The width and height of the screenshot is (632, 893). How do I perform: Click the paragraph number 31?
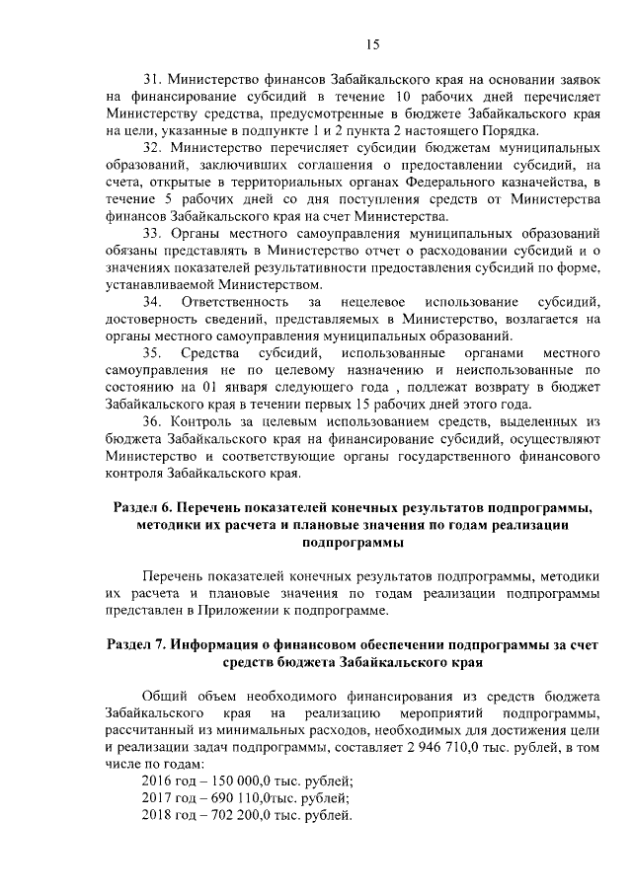(x=152, y=78)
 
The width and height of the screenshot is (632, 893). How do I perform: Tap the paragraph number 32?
(x=152, y=148)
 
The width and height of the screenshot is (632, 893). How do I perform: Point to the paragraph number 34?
(x=152, y=300)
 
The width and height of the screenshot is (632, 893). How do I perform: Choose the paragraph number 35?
(x=152, y=352)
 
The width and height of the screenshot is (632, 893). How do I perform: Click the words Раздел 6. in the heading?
(x=145, y=508)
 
